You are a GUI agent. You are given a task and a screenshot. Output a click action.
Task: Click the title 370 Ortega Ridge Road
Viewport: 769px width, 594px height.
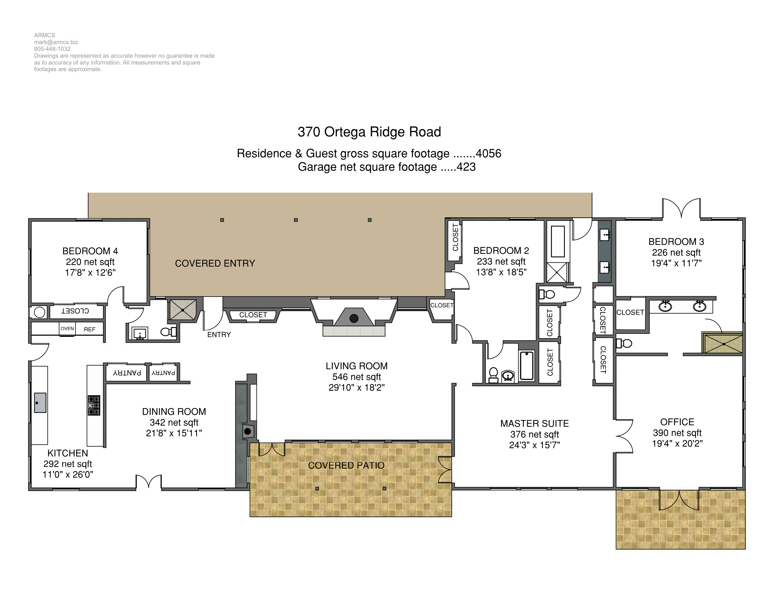[369, 132]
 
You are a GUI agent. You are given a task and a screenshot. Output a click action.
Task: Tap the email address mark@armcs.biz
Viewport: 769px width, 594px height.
[56, 42]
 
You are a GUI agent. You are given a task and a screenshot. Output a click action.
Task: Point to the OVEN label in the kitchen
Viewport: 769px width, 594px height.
[67, 329]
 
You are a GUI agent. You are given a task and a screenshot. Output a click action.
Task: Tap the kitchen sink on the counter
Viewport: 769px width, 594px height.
[40, 403]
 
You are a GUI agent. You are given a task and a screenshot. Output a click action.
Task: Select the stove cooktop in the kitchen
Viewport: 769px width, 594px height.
[94, 405]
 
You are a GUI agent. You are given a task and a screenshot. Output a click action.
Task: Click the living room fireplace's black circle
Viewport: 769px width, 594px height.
[354, 318]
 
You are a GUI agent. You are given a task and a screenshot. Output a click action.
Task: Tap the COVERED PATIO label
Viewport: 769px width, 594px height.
[346, 465]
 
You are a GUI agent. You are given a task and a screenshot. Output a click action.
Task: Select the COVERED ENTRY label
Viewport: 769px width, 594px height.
[215, 263]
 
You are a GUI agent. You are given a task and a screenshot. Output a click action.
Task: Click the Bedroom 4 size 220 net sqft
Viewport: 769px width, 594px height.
[90, 262]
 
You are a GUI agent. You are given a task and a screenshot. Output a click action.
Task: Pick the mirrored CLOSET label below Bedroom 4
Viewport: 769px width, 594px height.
[75, 311]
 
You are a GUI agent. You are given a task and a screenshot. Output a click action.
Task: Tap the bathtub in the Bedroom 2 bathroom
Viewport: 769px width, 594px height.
[527, 366]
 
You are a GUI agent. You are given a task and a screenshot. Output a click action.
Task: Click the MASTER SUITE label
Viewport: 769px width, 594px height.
[535, 424]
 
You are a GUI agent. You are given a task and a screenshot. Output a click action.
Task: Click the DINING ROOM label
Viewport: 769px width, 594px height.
[174, 412]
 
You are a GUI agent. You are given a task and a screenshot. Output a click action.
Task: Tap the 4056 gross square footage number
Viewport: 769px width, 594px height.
[488, 154]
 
